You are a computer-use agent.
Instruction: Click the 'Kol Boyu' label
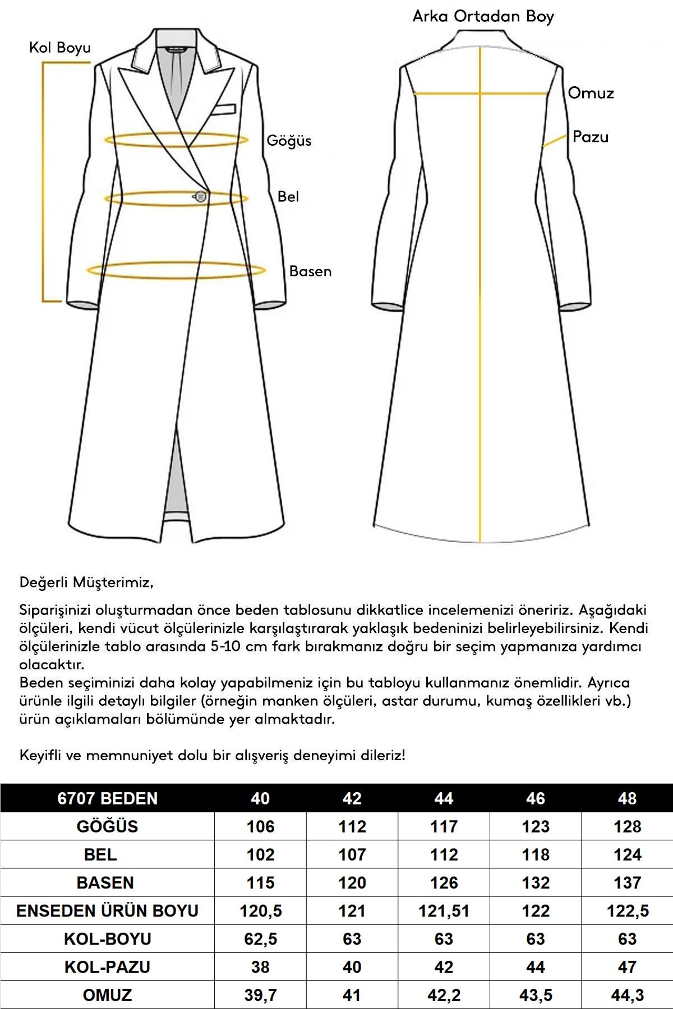click(x=59, y=48)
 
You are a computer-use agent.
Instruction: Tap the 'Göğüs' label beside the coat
click(x=289, y=140)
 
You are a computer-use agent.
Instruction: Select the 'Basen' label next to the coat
click(x=310, y=271)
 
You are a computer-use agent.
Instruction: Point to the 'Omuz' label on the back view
click(x=591, y=93)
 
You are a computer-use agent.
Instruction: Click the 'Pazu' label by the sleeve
click(x=590, y=137)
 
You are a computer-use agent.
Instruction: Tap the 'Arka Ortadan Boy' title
click(x=483, y=16)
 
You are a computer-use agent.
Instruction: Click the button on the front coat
click(x=200, y=196)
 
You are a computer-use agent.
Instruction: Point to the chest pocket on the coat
click(x=224, y=108)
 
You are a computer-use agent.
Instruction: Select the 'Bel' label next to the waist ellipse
click(x=288, y=197)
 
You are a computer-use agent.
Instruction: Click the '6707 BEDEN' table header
click(x=107, y=798)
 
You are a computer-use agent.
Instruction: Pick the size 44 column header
click(x=444, y=798)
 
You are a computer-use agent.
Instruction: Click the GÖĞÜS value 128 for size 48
click(x=627, y=826)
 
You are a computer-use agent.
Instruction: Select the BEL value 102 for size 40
click(x=260, y=854)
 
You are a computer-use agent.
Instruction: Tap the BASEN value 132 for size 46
click(x=536, y=882)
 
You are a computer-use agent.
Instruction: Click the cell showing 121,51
click(x=444, y=910)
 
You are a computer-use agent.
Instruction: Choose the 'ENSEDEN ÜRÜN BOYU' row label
click(x=107, y=910)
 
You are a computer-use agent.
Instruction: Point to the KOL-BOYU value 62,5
click(x=260, y=938)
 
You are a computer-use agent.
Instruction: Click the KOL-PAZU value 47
click(x=627, y=966)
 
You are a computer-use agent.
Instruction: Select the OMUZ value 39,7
click(x=260, y=995)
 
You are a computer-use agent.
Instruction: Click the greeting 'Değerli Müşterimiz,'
click(x=86, y=582)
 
